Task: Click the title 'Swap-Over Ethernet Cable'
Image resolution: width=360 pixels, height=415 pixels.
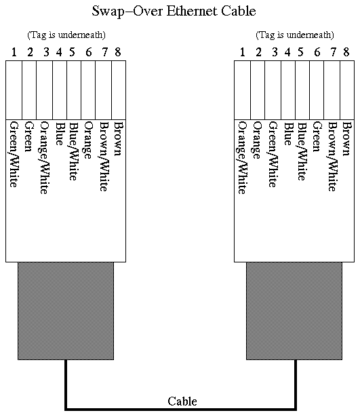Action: (x=174, y=12)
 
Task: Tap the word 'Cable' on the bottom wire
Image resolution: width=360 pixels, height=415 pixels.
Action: (x=182, y=401)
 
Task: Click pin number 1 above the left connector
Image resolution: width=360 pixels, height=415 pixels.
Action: (x=14, y=52)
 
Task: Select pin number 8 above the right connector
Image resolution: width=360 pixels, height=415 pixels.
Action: (x=346, y=52)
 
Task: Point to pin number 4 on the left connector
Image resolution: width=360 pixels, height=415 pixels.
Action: (x=59, y=52)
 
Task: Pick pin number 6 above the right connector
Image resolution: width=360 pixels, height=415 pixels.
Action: (x=317, y=52)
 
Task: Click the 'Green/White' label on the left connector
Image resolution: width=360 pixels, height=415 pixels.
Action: (x=14, y=155)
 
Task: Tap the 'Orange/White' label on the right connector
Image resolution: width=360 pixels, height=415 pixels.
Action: (x=242, y=158)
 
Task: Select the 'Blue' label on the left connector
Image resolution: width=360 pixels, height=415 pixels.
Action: (x=59, y=134)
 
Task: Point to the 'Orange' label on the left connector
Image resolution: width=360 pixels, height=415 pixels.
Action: (x=88, y=140)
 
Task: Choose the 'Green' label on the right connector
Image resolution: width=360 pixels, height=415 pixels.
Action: (x=317, y=136)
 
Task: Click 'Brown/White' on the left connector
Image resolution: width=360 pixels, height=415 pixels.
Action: (x=104, y=157)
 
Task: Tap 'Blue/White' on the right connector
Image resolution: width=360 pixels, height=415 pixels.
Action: (x=302, y=151)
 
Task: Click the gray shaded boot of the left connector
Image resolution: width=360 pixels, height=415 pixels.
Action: (x=66, y=311)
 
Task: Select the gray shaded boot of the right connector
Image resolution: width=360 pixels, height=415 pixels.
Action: (x=294, y=311)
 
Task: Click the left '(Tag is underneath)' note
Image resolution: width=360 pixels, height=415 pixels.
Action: (x=66, y=35)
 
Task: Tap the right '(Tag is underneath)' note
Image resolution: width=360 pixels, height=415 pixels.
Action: (x=295, y=35)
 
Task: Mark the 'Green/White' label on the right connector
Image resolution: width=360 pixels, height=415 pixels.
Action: (x=273, y=155)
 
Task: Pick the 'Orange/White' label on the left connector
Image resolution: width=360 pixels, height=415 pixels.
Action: (x=45, y=158)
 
